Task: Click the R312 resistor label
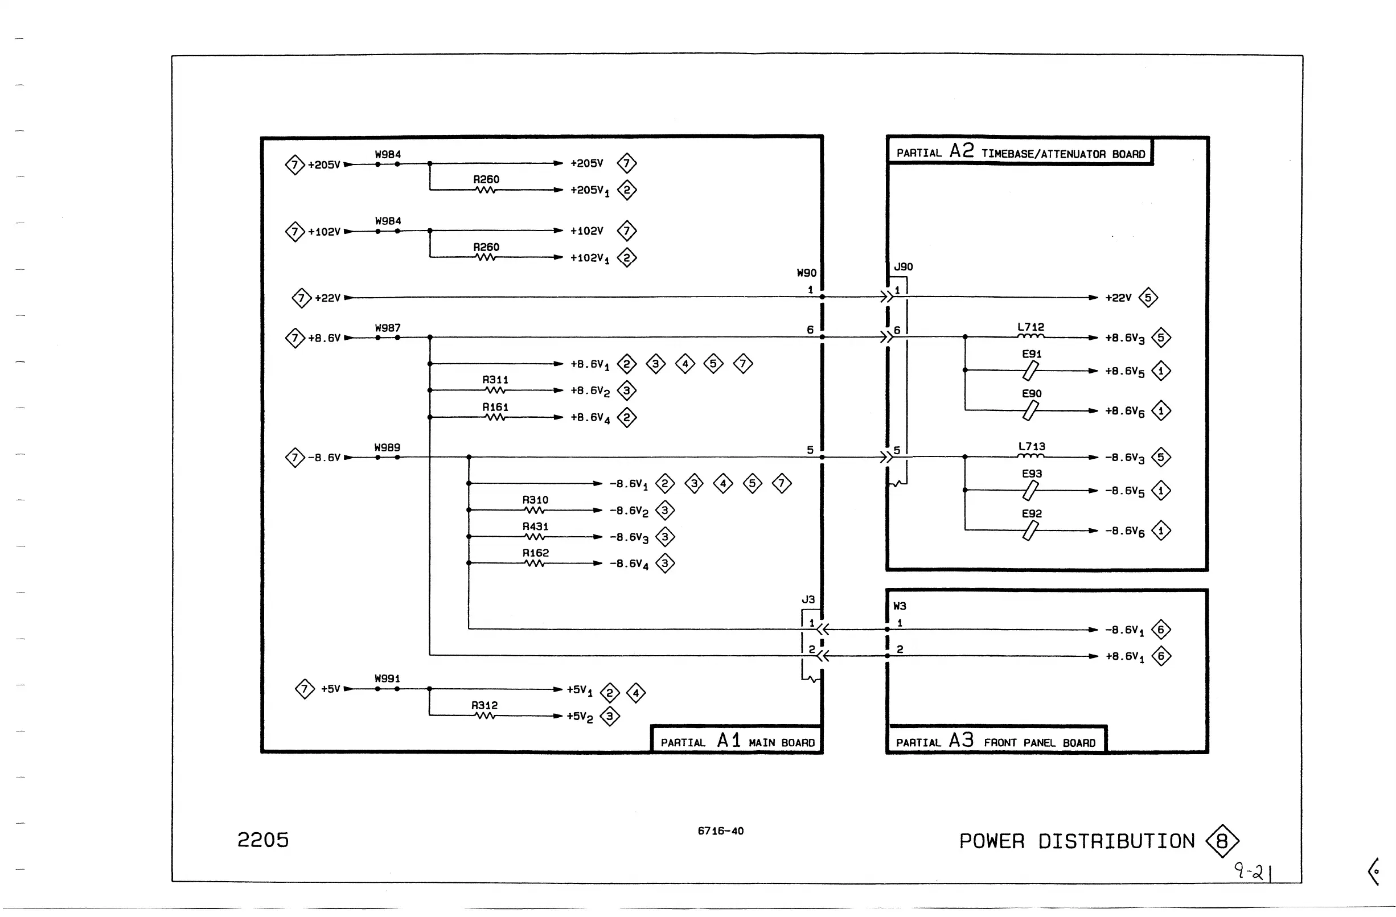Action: (484, 705)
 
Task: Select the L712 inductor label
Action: (1030, 327)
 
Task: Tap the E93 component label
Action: (1032, 474)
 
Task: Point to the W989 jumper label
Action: (387, 448)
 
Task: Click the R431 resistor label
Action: (535, 527)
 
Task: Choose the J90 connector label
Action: (904, 267)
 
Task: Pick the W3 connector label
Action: (899, 606)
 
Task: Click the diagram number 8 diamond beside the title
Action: (1222, 841)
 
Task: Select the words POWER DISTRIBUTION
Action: (1077, 841)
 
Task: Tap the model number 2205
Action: (263, 840)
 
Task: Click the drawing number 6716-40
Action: (720, 831)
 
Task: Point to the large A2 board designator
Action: (962, 151)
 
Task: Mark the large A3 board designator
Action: (962, 740)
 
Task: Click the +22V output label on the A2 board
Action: (1118, 298)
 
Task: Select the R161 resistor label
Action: (495, 407)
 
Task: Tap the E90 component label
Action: (1032, 393)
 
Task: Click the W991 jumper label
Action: (387, 679)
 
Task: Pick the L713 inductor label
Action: (1031, 447)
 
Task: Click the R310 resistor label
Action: (535, 500)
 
